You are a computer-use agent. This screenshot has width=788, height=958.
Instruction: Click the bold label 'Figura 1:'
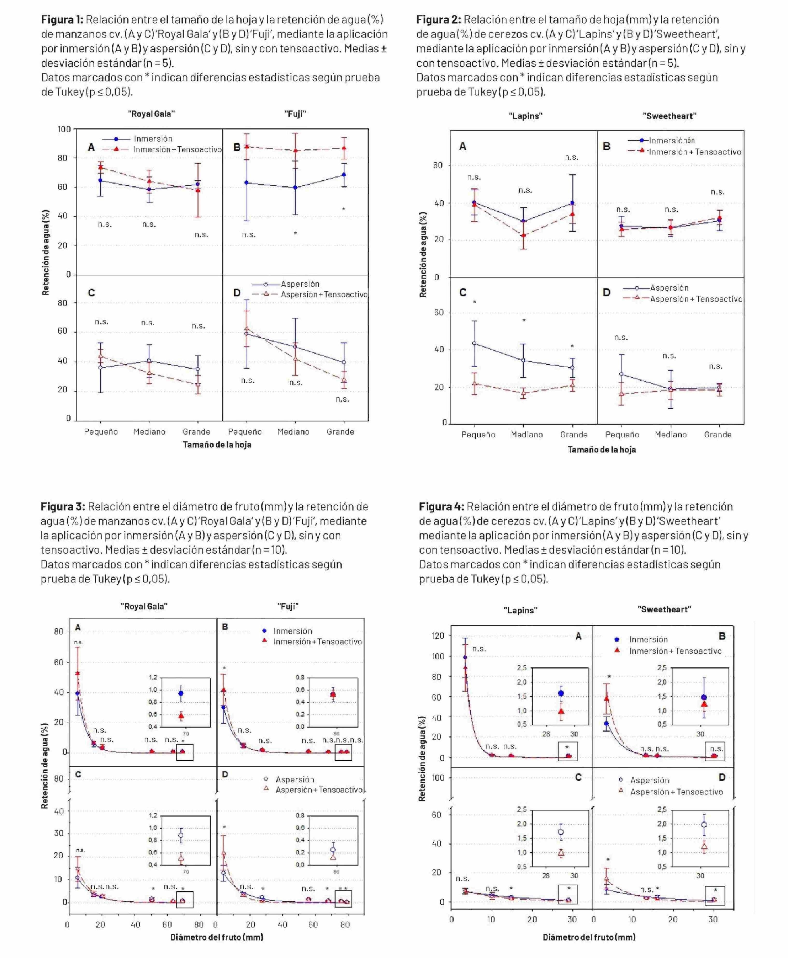point(62,20)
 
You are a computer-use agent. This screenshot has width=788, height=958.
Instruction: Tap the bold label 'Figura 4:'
point(441,507)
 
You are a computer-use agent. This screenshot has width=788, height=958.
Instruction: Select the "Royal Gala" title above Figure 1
point(151,114)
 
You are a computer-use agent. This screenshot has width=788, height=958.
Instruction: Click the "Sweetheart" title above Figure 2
point(669,116)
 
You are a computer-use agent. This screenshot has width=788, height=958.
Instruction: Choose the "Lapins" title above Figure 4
point(520,610)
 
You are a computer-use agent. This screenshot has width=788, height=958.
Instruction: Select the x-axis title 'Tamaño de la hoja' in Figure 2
point(602,449)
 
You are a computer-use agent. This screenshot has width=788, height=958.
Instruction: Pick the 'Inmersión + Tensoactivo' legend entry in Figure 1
point(177,149)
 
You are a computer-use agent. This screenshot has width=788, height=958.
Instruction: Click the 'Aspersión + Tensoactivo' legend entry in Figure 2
point(696,299)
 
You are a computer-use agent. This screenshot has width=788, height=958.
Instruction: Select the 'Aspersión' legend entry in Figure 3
point(294,779)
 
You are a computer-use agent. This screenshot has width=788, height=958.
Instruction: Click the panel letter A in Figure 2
point(463,147)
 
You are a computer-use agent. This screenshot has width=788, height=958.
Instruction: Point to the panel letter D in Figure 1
point(236,293)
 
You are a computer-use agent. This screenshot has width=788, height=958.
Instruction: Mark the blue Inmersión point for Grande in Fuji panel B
point(344,175)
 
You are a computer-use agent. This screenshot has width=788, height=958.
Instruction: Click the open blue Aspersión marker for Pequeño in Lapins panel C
point(474,343)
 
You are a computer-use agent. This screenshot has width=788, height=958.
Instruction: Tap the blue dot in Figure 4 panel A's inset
point(561,693)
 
